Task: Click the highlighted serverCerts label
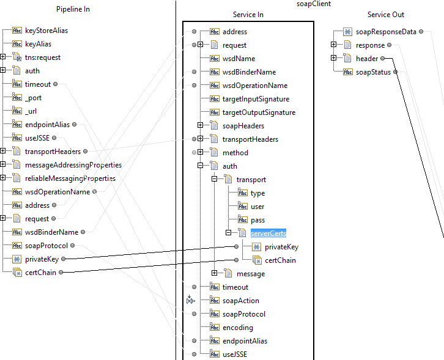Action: (268, 233)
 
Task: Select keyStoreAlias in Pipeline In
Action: (46, 31)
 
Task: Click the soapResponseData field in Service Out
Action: (386, 32)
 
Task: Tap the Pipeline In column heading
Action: (73, 10)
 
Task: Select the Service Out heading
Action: (385, 15)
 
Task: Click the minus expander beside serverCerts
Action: (228, 233)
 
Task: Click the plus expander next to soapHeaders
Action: (200, 126)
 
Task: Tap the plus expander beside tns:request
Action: (3, 57)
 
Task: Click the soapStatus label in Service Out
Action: (373, 72)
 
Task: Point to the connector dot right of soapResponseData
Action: (422, 32)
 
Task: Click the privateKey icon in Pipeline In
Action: (17, 259)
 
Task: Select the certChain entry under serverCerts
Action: (280, 260)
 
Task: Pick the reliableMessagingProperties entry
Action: (70, 178)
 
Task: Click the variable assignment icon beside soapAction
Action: (190, 299)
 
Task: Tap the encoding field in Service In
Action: (237, 328)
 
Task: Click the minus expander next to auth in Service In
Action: (200, 166)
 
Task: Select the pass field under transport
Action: (257, 220)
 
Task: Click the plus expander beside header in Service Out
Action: (333, 59)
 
